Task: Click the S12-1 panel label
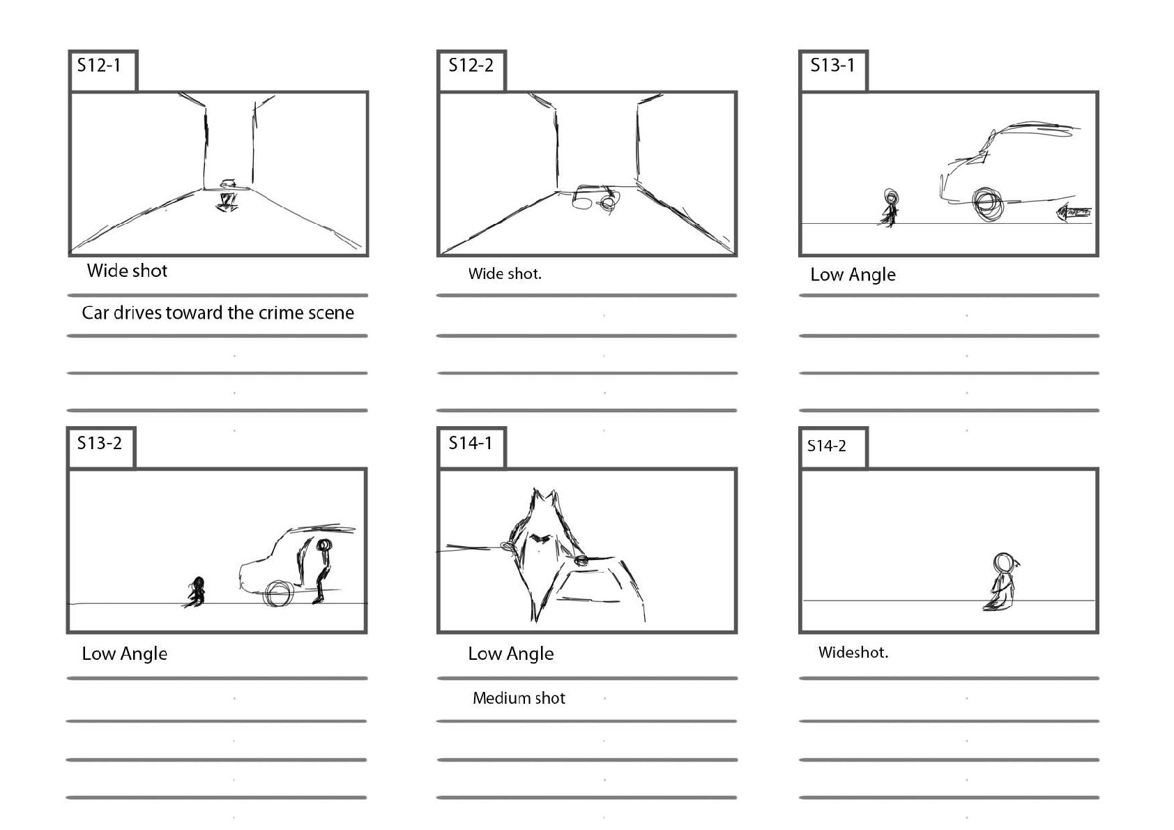pyautogui.click(x=99, y=66)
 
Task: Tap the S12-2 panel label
pyautogui.click(x=471, y=66)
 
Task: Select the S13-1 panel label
pyautogui.click(x=832, y=66)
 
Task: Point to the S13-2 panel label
pyautogui.click(x=99, y=443)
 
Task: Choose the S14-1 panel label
pyautogui.click(x=470, y=443)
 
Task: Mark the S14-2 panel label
pyautogui.click(x=827, y=446)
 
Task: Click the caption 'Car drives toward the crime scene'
pyautogui.click(x=218, y=313)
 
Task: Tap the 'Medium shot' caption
pyautogui.click(x=519, y=698)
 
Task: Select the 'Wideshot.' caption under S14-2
pyautogui.click(x=853, y=652)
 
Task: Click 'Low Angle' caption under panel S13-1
pyautogui.click(x=853, y=275)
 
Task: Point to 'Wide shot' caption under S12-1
pyautogui.click(x=127, y=271)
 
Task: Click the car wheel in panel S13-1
pyautogui.click(x=987, y=204)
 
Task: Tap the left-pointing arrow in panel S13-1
pyautogui.click(x=1074, y=212)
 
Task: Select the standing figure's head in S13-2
pyautogui.click(x=323, y=545)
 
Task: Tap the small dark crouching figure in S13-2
pyautogui.click(x=196, y=592)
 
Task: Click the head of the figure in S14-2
pyautogui.click(x=1003, y=563)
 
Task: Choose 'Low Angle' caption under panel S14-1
pyautogui.click(x=510, y=654)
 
